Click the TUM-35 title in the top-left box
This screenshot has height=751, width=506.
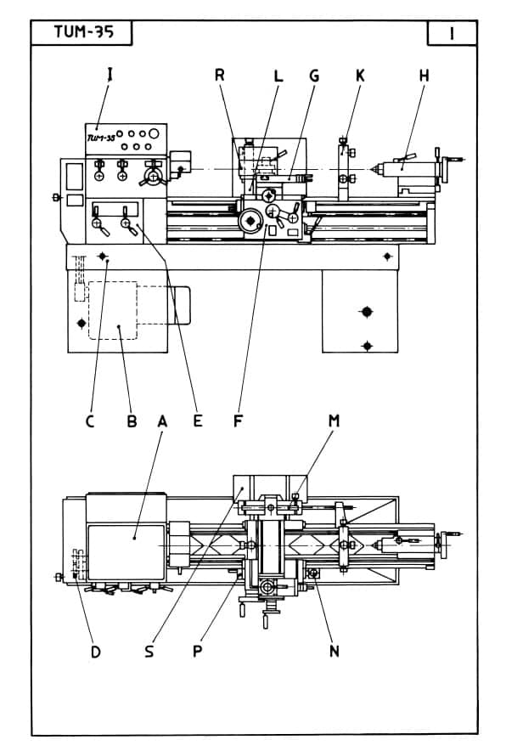coord(84,31)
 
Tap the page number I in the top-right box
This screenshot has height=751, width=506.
coord(452,33)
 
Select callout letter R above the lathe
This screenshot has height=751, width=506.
coord(220,76)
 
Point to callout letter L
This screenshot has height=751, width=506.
coord(278,76)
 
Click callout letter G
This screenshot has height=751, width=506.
coord(314,76)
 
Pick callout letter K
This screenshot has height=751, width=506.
coord(360,76)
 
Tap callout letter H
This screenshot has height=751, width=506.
coord(424,76)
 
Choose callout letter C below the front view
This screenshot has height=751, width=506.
coord(90,421)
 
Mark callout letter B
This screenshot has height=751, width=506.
coord(132,421)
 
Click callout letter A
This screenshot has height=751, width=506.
coord(162,421)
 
